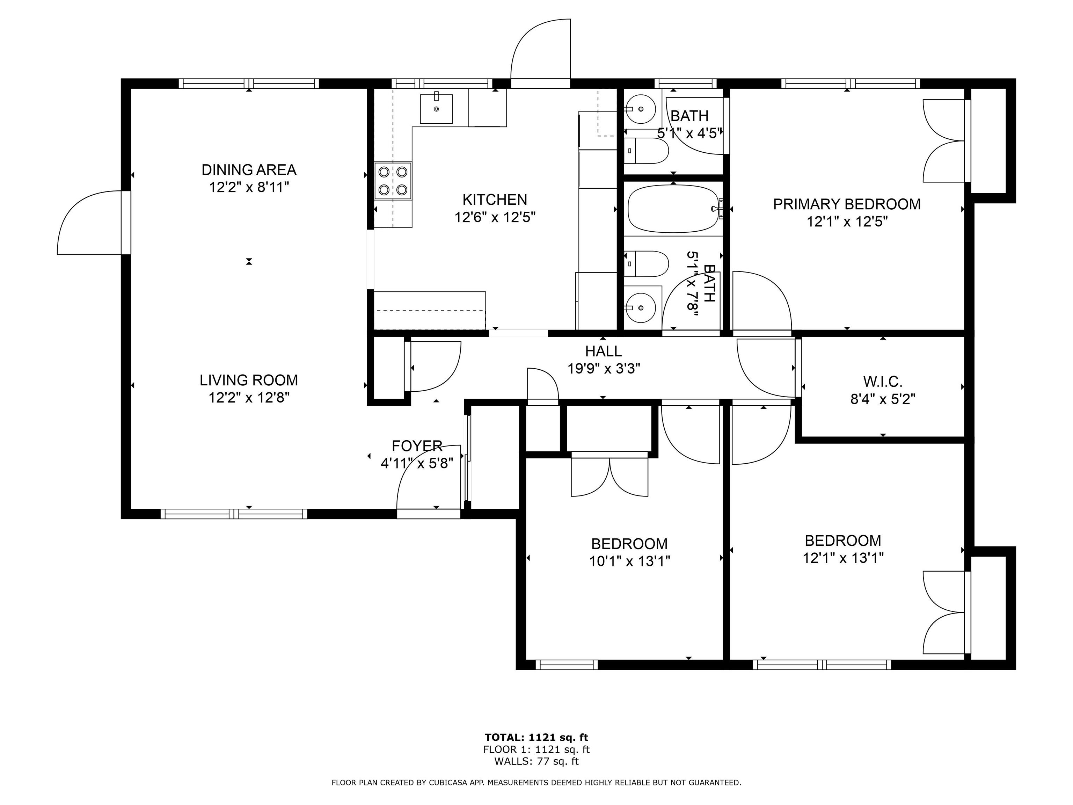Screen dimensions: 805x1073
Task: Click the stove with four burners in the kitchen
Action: pyautogui.click(x=393, y=181)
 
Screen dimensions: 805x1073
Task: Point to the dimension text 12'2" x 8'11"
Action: pyautogui.click(x=249, y=187)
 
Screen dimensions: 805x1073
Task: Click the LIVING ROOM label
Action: pyautogui.click(x=249, y=380)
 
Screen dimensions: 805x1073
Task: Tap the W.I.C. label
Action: pyautogui.click(x=882, y=382)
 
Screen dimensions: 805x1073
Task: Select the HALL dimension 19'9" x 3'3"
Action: pyautogui.click(x=604, y=368)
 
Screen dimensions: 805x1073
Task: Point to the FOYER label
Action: pyautogui.click(x=417, y=445)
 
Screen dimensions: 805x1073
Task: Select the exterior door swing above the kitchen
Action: pyautogui.click(x=541, y=49)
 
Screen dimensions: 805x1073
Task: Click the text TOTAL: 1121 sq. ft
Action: pyautogui.click(x=536, y=738)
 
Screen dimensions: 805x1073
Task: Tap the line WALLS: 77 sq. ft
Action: pyautogui.click(x=536, y=761)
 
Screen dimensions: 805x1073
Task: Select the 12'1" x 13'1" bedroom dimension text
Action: pyautogui.click(x=842, y=558)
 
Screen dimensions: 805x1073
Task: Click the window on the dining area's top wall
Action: pyautogui.click(x=249, y=84)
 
